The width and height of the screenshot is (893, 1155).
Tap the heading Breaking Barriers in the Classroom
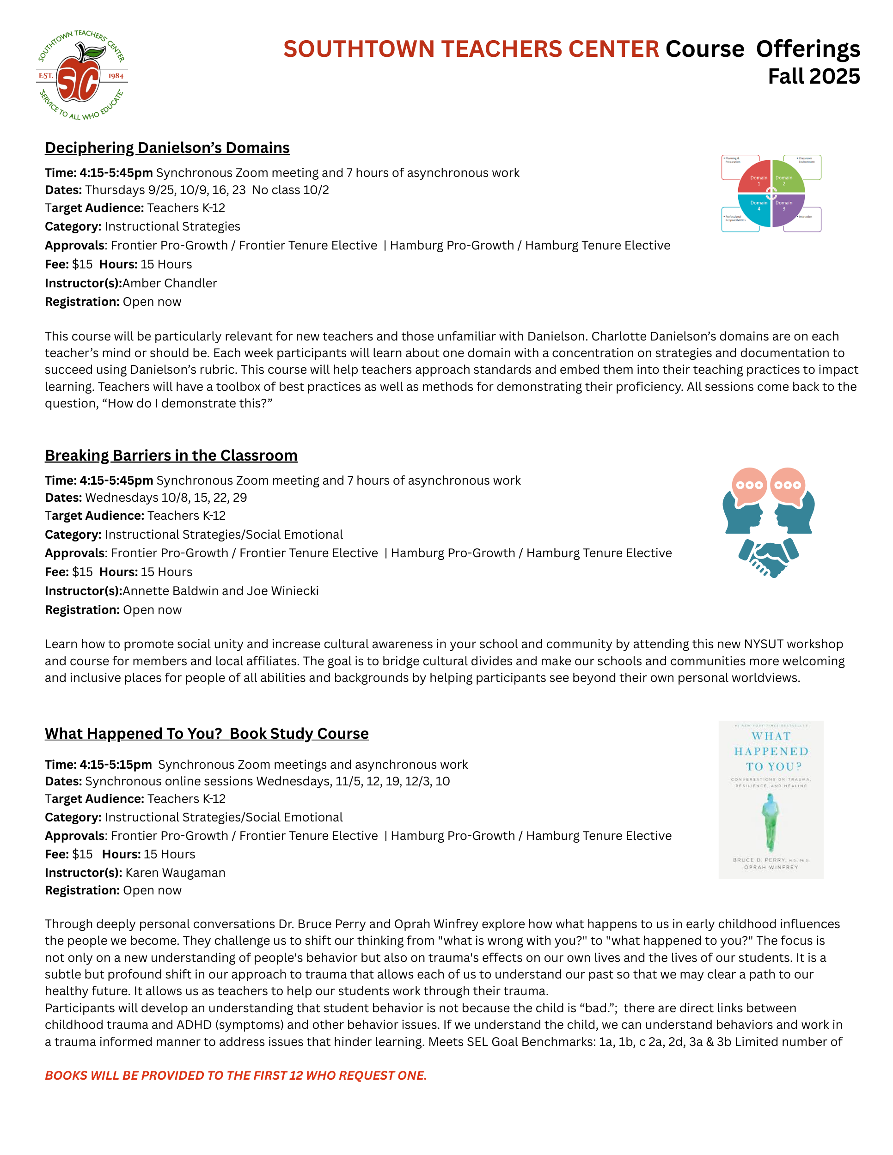pos(171,456)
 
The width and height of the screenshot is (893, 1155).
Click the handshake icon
pos(769,558)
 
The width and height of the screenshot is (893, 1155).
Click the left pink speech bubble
pos(749,484)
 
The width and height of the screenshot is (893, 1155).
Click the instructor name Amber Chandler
pos(170,284)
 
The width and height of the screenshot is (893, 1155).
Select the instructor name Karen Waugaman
pos(175,873)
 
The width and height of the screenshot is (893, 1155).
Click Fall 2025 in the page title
pos(813,77)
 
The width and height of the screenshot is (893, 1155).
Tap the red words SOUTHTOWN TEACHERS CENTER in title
pos(471,49)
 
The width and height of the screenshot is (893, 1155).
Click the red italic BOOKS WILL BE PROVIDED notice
pos(235,1076)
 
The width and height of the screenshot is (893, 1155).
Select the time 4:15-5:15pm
pos(116,764)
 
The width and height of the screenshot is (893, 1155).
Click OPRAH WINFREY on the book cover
pos(771,867)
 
